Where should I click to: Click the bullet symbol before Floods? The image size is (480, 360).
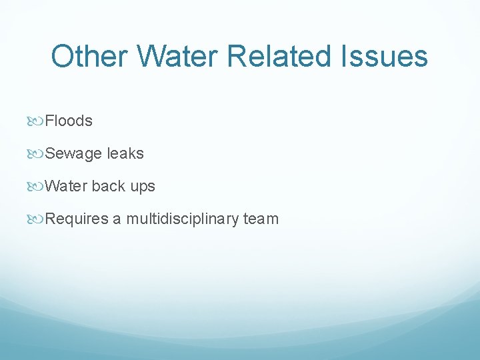click(37, 121)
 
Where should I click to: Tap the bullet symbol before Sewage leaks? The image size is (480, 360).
click(37, 154)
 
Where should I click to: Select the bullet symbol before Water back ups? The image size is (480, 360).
click(37, 187)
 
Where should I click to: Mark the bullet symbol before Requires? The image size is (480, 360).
click(37, 219)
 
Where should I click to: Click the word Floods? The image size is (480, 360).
click(69, 121)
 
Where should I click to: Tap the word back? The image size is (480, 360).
click(109, 186)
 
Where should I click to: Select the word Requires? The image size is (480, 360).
click(76, 219)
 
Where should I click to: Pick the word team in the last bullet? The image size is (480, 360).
click(261, 219)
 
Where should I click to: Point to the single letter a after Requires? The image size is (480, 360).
click(117, 220)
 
